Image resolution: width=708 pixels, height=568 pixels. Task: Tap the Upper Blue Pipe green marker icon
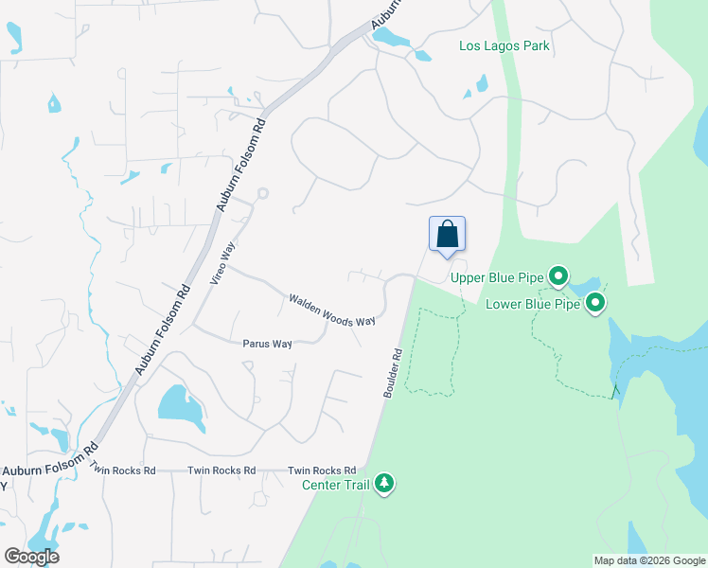pos(558,277)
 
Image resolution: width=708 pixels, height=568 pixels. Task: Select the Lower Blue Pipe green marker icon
pos(595,304)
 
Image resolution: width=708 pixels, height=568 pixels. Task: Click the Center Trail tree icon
pos(384,485)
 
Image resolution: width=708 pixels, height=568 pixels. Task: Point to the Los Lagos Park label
pos(504,45)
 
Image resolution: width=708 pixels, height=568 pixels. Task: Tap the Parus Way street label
pos(267,344)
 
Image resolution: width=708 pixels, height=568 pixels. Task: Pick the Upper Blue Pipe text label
pos(497,277)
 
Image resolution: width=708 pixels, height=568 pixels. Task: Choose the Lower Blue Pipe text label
pos(533,304)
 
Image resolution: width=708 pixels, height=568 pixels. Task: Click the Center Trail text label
pos(336,485)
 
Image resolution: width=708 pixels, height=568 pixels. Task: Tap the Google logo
pos(31,557)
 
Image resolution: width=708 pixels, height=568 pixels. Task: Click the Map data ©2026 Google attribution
pos(649,560)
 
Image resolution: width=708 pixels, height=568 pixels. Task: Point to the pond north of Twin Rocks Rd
pos(180,403)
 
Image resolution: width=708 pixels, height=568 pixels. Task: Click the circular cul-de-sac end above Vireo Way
pos(262,193)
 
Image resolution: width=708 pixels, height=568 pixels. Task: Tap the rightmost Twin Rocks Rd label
pos(322,470)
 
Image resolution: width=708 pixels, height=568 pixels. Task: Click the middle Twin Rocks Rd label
pos(221,470)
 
